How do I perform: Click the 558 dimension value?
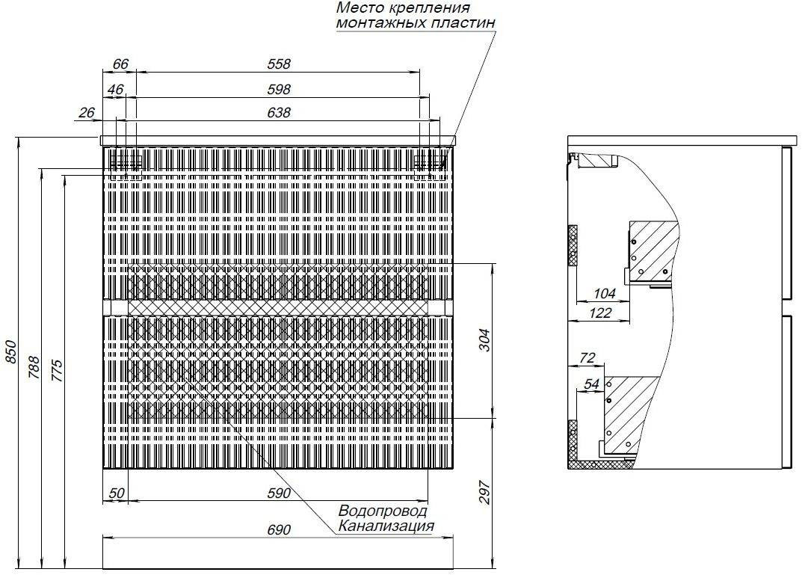tap(279, 64)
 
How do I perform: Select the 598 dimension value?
tap(279, 90)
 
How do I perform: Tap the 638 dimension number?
tap(279, 113)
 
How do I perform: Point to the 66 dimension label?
tap(120, 64)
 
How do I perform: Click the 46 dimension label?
tap(116, 90)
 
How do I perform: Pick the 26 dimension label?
tap(87, 112)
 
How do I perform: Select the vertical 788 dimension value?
tap(34, 367)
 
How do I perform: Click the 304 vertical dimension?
tap(485, 340)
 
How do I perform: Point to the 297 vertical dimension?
tap(485, 493)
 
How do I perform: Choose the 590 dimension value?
tap(279, 493)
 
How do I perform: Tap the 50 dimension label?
tap(117, 493)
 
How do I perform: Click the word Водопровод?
tap(383, 511)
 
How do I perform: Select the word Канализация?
tap(386, 526)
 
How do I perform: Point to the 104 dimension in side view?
tap(604, 294)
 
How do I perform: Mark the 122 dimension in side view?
tap(600, 313)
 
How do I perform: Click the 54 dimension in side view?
tap(591, 384)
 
